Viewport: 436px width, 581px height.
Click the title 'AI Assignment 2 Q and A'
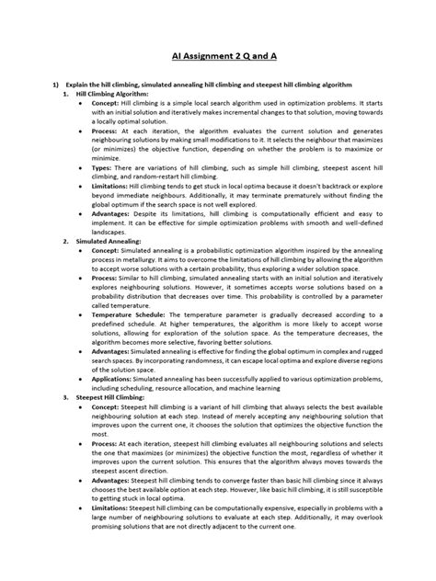pos(217,54)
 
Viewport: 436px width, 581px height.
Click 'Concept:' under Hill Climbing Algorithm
pos(107,104)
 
